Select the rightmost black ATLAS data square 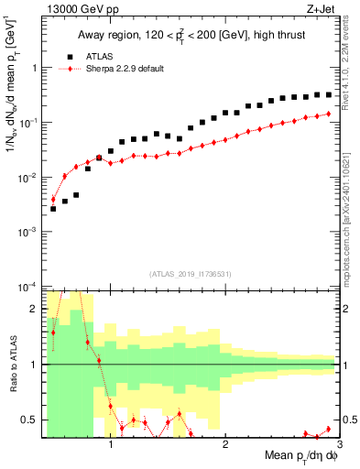[x=329, y=94]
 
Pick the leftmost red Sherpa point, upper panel [x=53, y=199]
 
